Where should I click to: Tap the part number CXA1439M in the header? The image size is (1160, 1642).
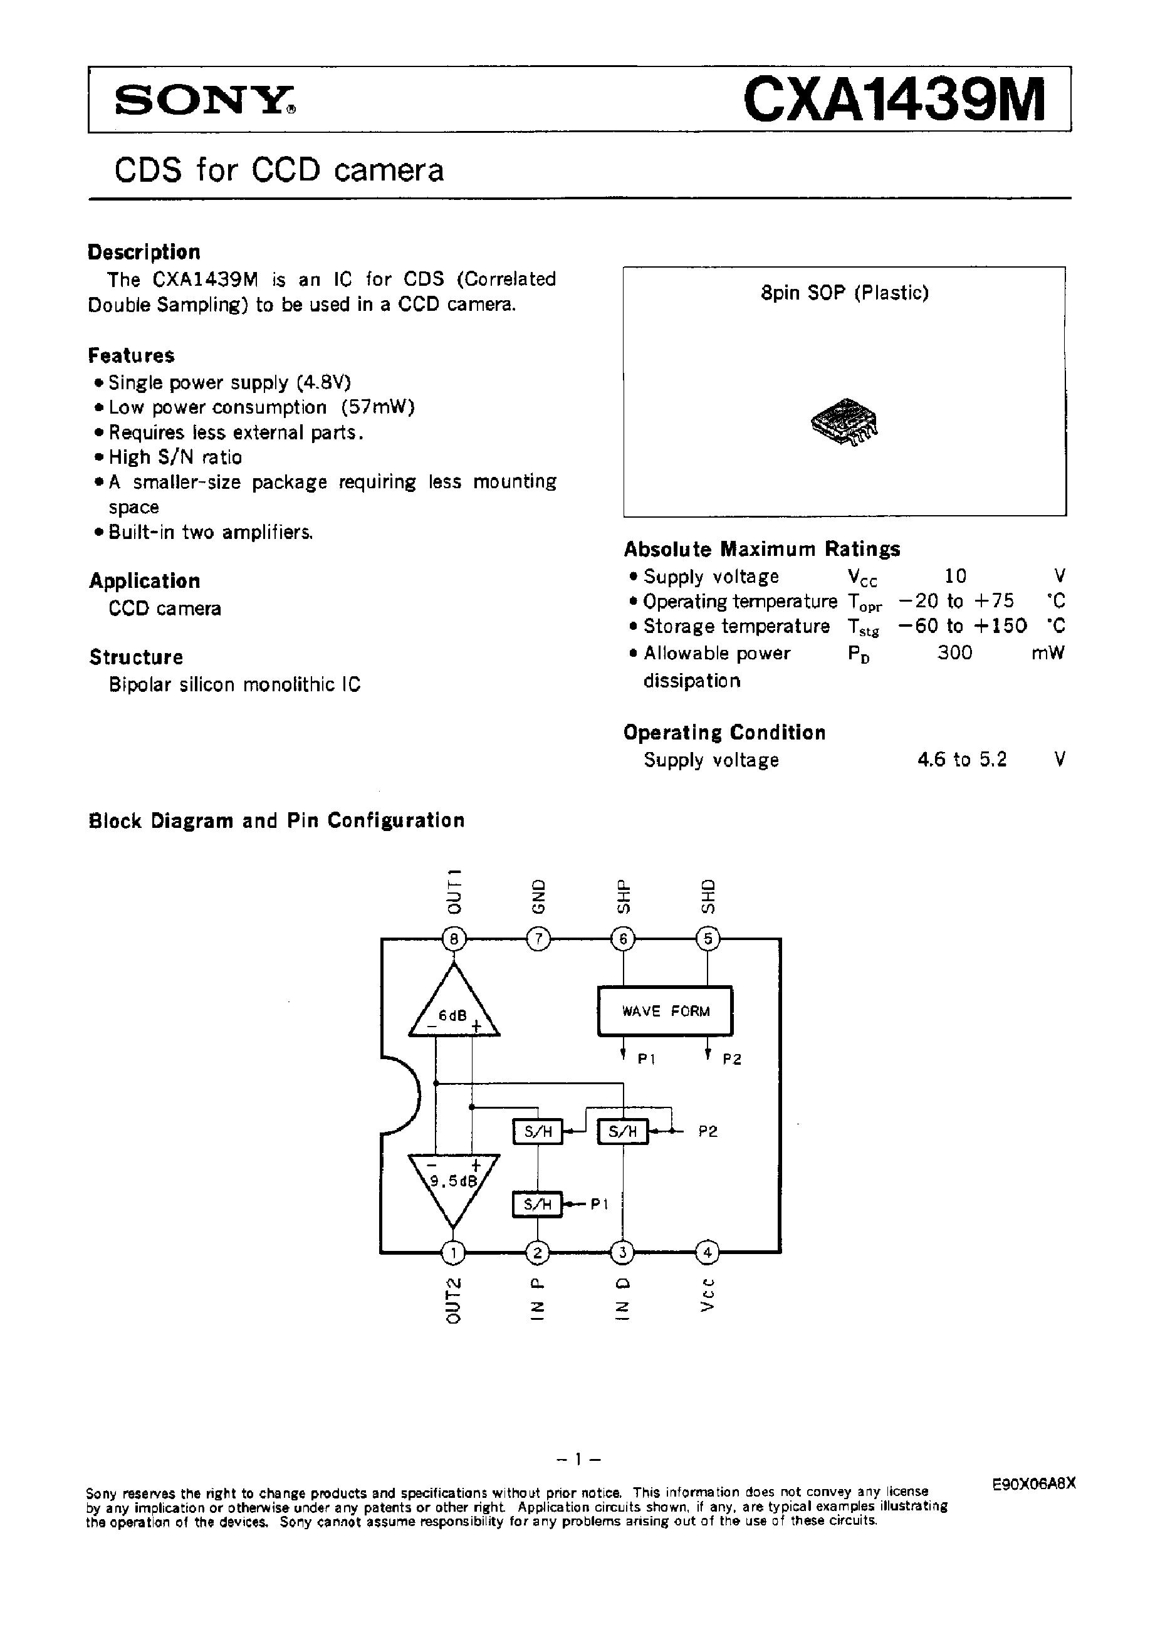click(x=894, y=100)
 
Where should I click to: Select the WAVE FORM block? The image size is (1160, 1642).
click(x=665, y=1010)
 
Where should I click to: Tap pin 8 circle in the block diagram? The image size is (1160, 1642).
click(x=454, y=938)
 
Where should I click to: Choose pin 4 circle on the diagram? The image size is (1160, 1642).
click(x=708, y=1252)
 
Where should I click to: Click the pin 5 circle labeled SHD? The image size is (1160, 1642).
click(x=708, y=938)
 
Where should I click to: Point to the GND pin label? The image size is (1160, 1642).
click(x=538, y=896)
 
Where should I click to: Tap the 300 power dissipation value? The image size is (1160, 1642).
click(x=954, y=652)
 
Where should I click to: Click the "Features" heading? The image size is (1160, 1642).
click(x=131, y=355)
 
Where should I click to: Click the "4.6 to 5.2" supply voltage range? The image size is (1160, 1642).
click(x=962, y=759)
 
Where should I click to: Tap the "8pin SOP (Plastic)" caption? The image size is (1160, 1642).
click(x=845, y=293)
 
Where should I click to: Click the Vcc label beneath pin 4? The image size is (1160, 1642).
click(x=708, y=1294)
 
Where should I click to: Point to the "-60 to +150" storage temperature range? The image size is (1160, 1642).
click(x=962, y=627)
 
